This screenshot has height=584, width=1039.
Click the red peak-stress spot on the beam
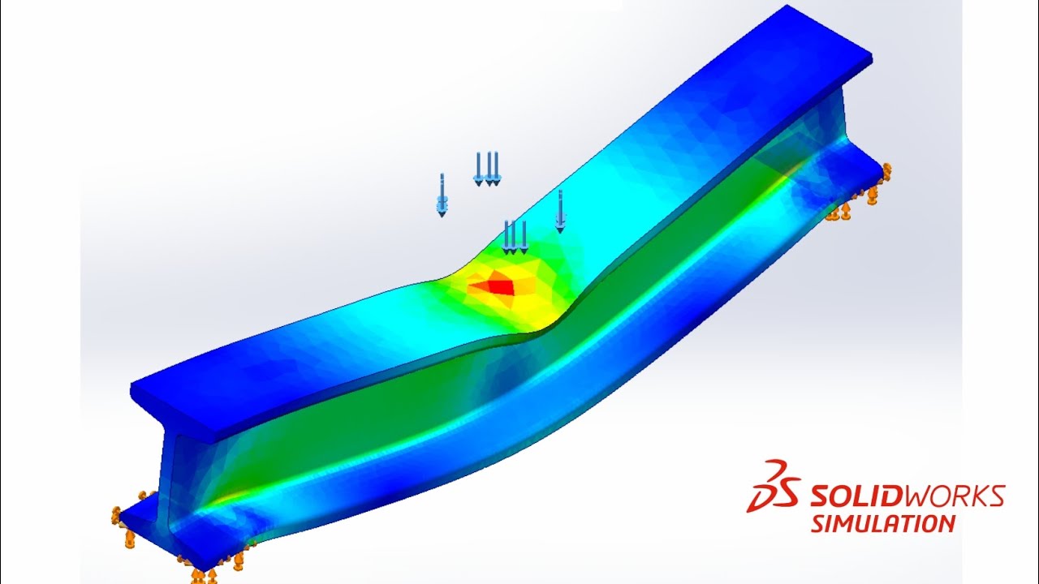click(496, 285)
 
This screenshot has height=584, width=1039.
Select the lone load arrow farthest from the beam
click(442, 195)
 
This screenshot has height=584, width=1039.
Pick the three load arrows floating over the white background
click(487, 169)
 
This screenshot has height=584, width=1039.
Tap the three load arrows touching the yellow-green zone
click(515, 237)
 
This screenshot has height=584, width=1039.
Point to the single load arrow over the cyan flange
click(559, 211)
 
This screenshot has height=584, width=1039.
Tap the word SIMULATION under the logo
click(883, 523)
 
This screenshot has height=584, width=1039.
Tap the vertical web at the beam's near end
click(179, 479)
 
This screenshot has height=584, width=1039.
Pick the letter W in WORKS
click(902, 495)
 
